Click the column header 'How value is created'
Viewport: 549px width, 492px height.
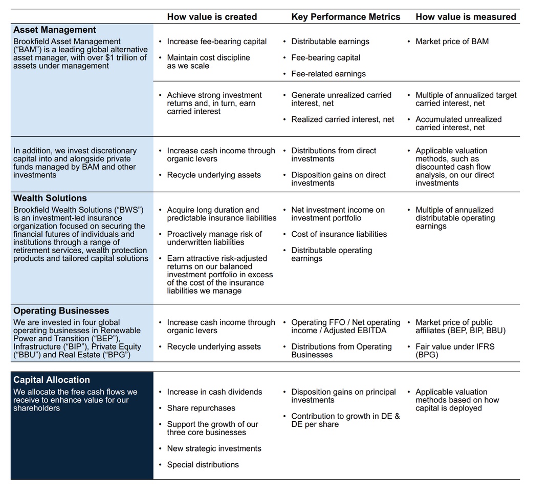pyautogui.click(x=212, y=17)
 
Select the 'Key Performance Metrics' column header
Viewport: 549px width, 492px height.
pyautogui.click(x=345, y=17)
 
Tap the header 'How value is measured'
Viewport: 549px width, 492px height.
pyautogui.click(x=466, y=17)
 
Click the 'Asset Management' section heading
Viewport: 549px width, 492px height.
pyautogui.click(x=55, y=30)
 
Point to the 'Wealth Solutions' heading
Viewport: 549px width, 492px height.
pyautogui.click(x=50, y=198)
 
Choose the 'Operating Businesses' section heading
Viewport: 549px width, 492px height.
pyautogui.click(x=61, y=311)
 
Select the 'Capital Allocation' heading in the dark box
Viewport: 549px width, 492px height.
pyautogui.click(x=52, y=380)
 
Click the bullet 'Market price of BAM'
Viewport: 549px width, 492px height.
pyautogui.click(x=452, y=42)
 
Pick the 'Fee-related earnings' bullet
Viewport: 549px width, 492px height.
pyautogui.click(x=328, y=74)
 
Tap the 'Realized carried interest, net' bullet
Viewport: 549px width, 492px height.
pyautogui.click(x=342, y=119)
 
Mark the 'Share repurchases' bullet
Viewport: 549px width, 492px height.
pyautogui.click(x=201, y=408)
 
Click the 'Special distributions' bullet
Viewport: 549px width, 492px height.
pyautogui.click(x=203, y=465)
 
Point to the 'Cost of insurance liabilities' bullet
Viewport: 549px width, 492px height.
pyautogui.click(x=339, y=234)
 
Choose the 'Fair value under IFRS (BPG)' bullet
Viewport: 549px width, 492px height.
pyautogui.click(x=454, y=351)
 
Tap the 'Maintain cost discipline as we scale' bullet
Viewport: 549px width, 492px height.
pyautogui.click(x=208, y=61)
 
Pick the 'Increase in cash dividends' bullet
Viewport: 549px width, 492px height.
pyautogui.click(x=214, y=392)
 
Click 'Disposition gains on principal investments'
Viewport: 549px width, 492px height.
pyautogui.click(x=343, y=396)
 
